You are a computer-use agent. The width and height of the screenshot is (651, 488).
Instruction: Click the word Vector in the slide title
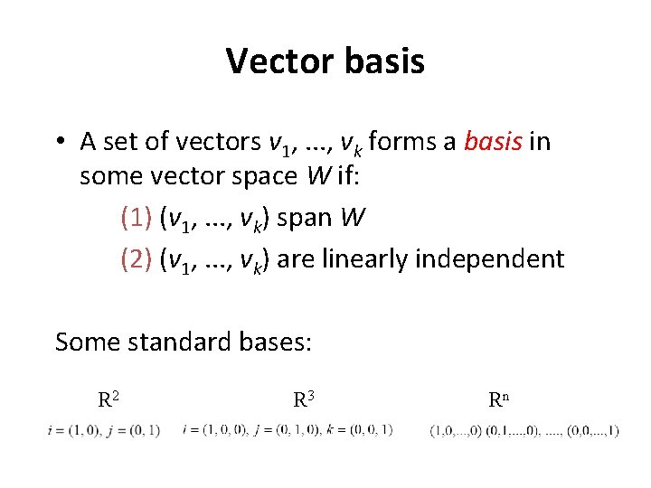pyautogui.click(x=277, y=61)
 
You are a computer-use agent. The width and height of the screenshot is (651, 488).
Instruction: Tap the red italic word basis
pyautogui.click(x=493, y=142)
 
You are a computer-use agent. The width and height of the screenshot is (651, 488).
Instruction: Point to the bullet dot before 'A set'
pyautogui.click(x=59, y=143)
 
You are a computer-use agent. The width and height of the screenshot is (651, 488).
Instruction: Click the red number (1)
pyautogui.click(x=136, y=219)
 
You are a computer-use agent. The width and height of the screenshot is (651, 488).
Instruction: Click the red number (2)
pyautogui.click(x=136, y=259)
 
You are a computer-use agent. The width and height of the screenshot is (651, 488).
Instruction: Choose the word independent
pyautogui.click(x=490, y=259)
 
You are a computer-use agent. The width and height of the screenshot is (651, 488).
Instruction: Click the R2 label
pyautogui.click(x=109, y=398)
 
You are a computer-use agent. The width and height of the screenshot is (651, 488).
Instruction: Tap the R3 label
pyautogui.click(x=304, y=398)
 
